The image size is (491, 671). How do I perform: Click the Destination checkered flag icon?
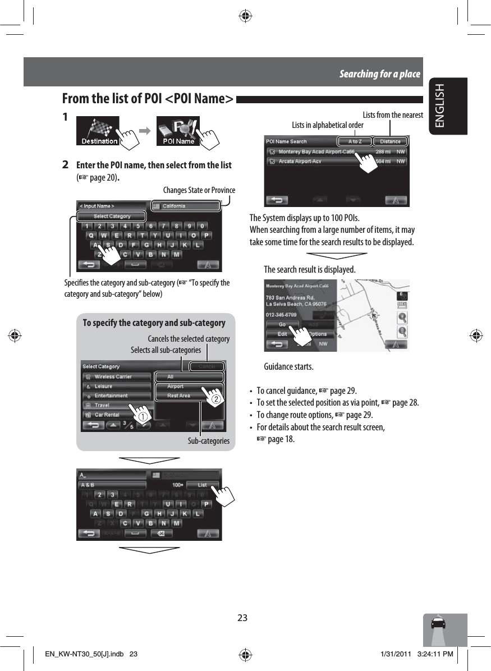click(x=97, y=131)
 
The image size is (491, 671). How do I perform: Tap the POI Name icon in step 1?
click(x=178, y=131)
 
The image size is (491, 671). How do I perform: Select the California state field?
click(x=187, y=206)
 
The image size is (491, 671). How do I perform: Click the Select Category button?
click(x=112, y=216)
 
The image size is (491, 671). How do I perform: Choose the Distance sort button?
click(x=390, y=141)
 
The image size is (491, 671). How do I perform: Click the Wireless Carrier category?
click(x=116, y=376)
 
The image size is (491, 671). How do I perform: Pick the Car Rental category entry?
click(x=116, y=415)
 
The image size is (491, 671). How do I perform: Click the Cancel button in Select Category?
click(x=206, y=366)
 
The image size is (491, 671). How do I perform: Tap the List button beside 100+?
click(x=202, y=485)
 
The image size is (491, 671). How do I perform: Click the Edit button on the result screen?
click(x=282, y=334)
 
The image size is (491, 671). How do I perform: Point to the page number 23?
click(x=242, y=618)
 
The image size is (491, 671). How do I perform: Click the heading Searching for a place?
click(x=379, y=74)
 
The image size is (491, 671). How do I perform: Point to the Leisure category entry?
click(x=116, y=386)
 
